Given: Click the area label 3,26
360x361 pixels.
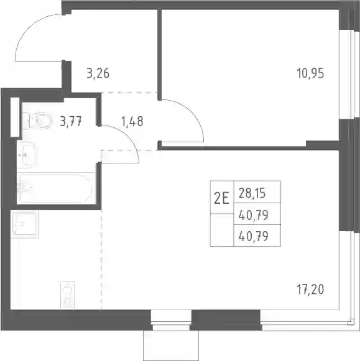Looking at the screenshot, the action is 98,73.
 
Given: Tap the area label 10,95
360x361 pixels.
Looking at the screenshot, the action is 310,73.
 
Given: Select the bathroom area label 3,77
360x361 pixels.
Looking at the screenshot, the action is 71,121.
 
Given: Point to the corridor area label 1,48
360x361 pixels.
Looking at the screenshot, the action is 132,121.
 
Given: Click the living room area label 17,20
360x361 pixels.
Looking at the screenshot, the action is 310,290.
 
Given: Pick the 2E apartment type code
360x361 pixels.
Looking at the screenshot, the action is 221,198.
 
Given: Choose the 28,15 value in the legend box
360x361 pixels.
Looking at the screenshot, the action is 252,193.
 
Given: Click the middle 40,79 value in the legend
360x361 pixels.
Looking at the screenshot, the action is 254,215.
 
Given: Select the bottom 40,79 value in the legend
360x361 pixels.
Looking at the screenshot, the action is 254,236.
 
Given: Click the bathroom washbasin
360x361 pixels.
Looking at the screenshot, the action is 27,155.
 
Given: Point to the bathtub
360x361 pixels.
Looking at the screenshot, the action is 56,188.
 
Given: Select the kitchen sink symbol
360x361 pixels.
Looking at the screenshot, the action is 24,225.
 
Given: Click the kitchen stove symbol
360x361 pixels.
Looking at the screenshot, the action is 68,295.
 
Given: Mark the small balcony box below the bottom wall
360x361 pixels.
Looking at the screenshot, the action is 171,345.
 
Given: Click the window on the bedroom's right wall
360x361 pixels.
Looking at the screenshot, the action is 347,75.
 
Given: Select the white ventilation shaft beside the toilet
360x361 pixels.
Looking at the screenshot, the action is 15,117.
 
